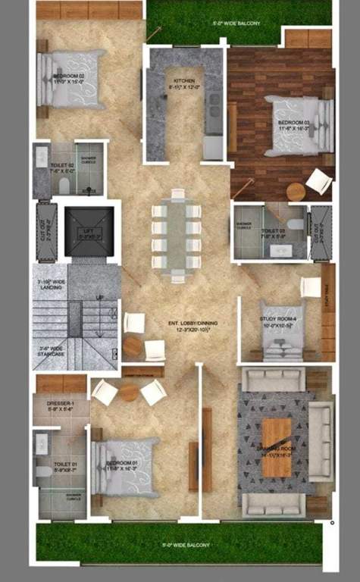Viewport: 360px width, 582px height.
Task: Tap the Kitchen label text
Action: tap(184, 83)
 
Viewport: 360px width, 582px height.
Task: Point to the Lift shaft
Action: tap(89, 232)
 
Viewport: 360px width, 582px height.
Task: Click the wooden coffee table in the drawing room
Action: tap(276, 449)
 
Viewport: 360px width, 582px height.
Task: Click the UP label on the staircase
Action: tap(99, 297)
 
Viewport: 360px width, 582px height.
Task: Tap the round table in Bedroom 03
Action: tap(295, 192)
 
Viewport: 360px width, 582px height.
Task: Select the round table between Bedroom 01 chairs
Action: tap(128, 393)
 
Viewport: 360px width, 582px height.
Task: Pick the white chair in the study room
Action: tap(311, 287)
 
